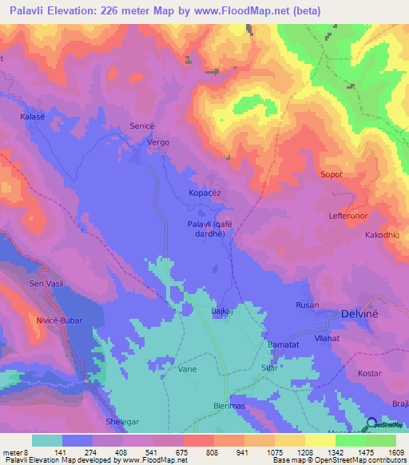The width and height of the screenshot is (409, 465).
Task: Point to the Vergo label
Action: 158,142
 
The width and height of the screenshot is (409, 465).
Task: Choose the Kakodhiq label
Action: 383,236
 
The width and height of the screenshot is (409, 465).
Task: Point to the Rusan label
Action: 308,305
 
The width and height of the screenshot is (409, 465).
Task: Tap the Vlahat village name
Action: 327,338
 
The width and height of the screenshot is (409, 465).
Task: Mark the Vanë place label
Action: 187,369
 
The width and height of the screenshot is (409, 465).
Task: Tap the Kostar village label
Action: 370,374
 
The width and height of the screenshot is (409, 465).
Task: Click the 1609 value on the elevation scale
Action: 394,451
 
